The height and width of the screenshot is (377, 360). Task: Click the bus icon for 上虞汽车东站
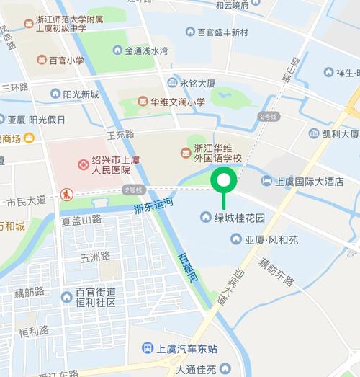pyautogui.click(x=147, y=348)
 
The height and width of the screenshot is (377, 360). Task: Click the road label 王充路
pyautogui.click(x=120, y=134)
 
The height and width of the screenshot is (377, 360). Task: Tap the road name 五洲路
pyautogui.click(x=95, y=257)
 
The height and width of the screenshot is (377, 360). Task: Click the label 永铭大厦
pyautogui.click(x=197, y=83)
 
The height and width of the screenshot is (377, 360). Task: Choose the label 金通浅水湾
pyautogui.click(x=146, y=51)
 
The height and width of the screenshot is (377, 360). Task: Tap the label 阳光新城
pyautogui.click(x=81, y=94)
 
